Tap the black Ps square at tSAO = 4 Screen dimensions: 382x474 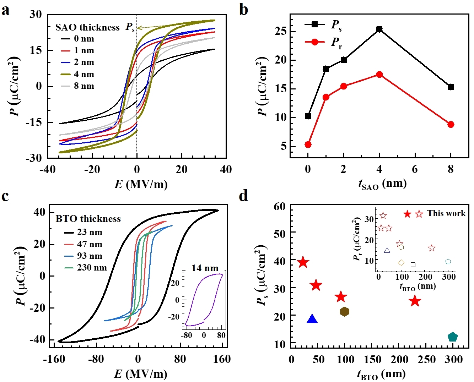(379, 29)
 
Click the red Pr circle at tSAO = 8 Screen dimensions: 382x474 (451, 124)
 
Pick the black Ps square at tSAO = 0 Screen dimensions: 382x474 (308, 116)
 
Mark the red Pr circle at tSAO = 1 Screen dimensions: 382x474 (326, 97)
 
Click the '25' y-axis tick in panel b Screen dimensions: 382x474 (281, 31)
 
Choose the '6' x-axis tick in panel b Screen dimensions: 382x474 (415, 169)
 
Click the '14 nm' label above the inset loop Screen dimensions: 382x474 (205, 268)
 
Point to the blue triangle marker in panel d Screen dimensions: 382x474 (312, 319)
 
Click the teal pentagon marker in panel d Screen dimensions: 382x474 (452, 337)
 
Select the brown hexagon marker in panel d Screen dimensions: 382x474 (344, 312)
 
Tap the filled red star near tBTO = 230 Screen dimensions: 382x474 (415, 301)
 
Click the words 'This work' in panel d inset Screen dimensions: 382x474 (446, 213)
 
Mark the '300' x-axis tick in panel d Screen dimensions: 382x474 (453, 359)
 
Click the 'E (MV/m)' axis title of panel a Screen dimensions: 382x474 (141, 184)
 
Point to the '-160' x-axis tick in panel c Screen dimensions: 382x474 (54, 359)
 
